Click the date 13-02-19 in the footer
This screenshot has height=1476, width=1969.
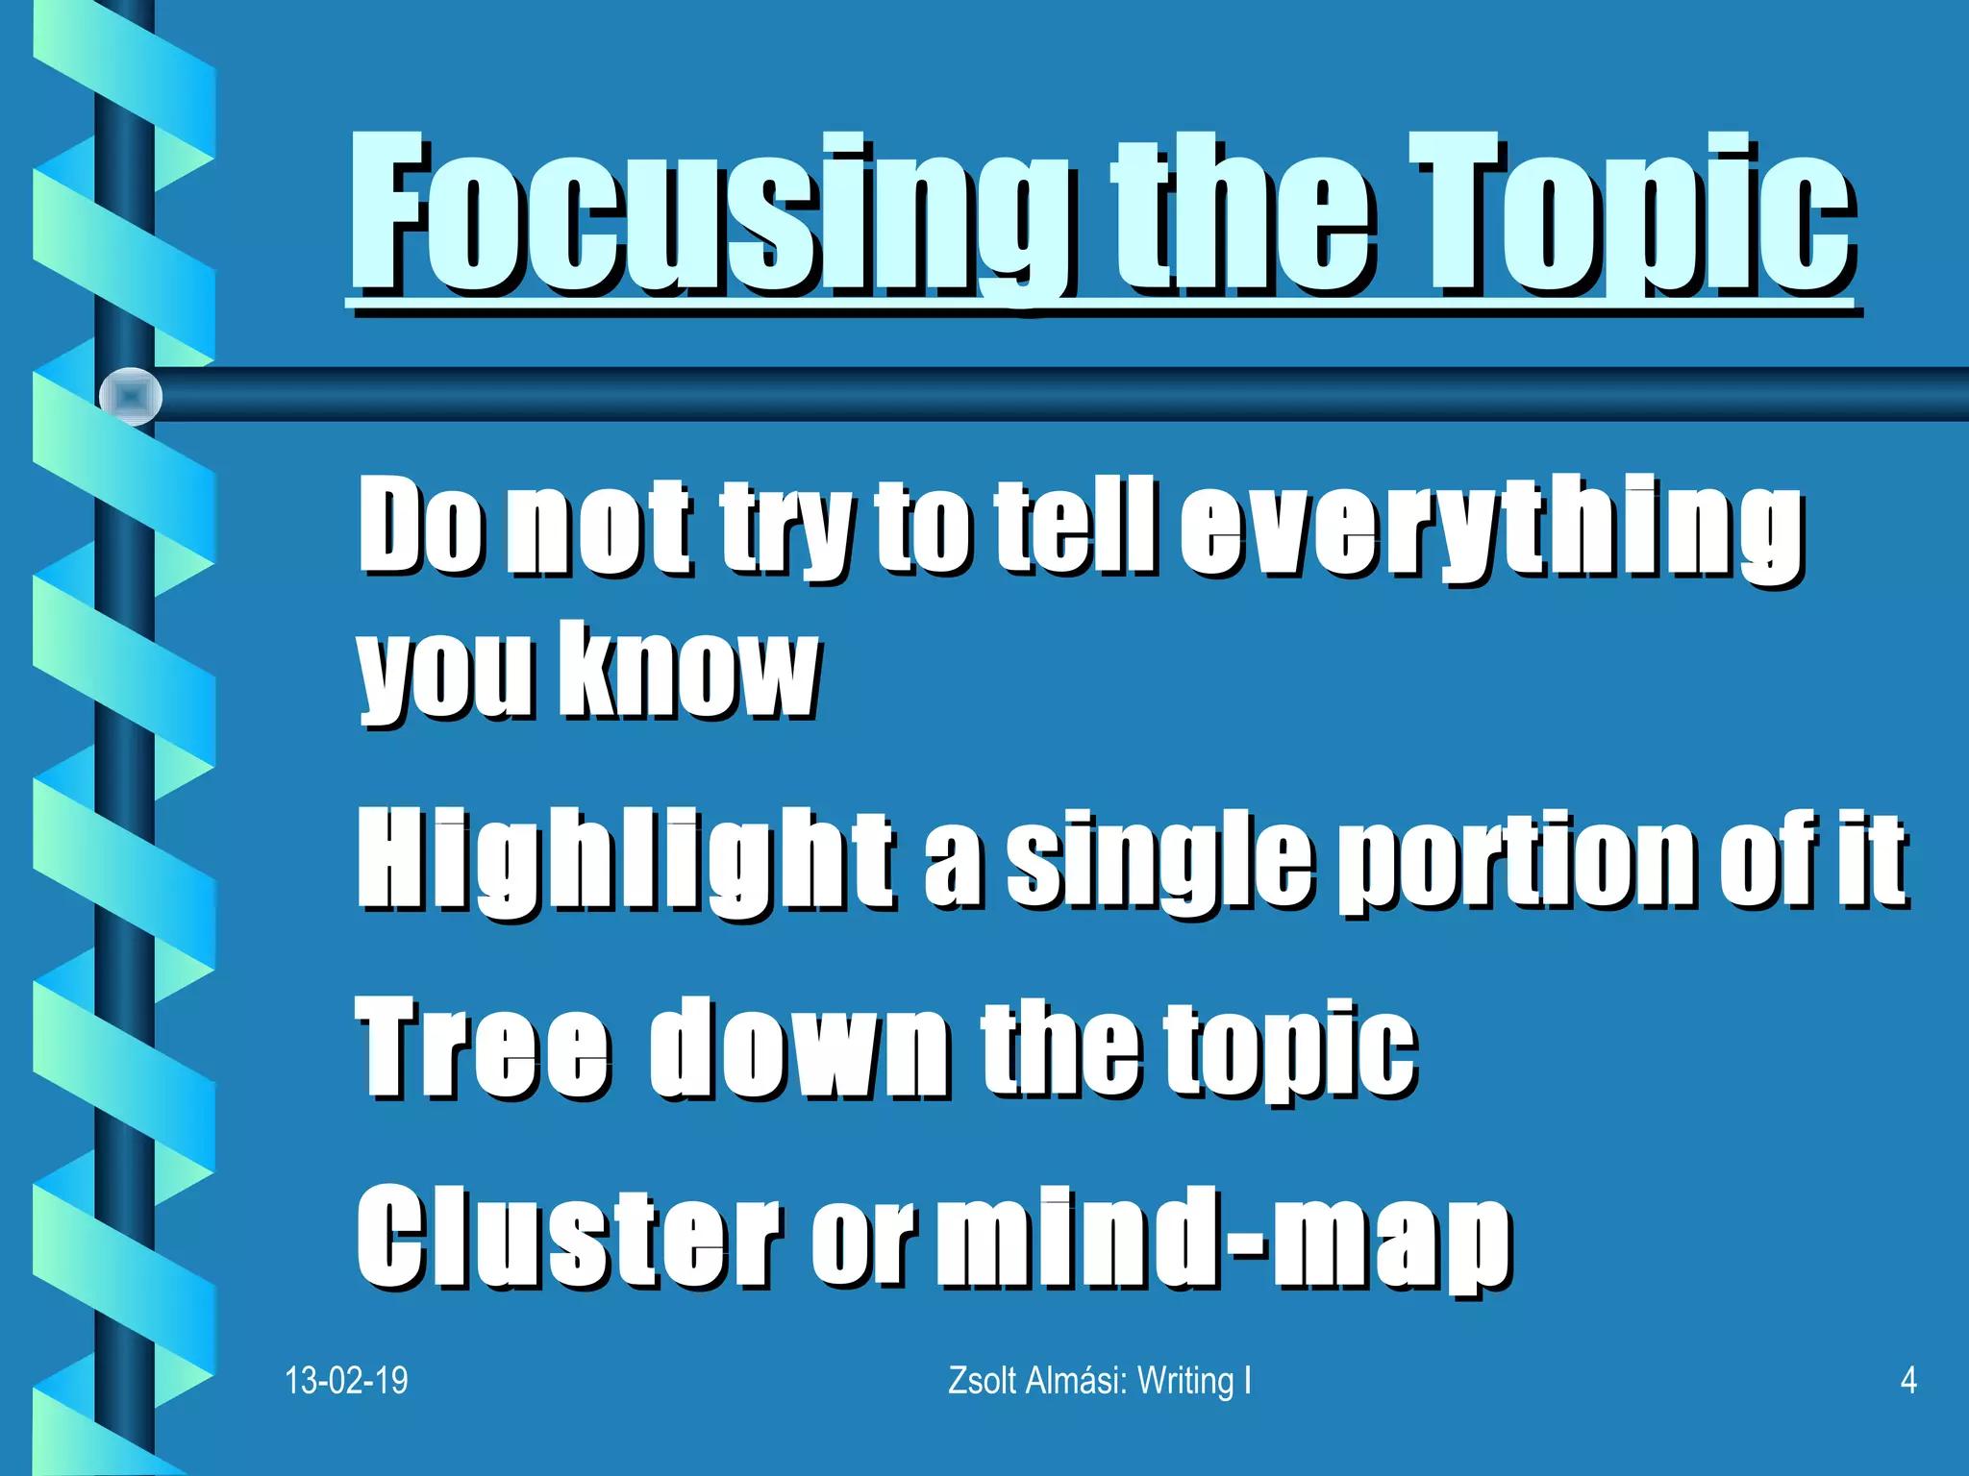pyautogui.click(x=346, y=1381)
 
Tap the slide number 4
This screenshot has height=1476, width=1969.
pyautogui.click(x=1908, y=1381)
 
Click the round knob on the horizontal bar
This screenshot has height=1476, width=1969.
pyautogui.click(x=131, y=396)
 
